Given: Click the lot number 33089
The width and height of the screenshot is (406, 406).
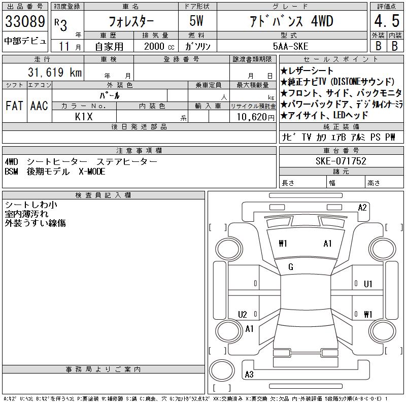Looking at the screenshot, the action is click(x=25, y=21).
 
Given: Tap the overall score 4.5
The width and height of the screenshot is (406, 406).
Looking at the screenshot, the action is click(x=387, y=21).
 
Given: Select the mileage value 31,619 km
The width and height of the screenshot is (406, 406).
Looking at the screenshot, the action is click(x=55, y=72).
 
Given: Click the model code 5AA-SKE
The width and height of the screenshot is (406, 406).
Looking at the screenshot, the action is click(x=290, y=46).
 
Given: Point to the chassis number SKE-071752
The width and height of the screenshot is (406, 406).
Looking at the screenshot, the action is click(x=341, y=161).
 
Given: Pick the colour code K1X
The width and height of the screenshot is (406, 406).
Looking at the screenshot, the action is click(x=84, y=117).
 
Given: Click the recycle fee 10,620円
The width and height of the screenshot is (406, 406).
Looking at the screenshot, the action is click(x=256, y=117).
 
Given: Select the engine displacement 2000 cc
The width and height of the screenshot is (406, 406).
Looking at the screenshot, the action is click(x=159, y=47).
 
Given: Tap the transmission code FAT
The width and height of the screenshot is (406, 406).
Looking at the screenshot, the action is click(x=14, y=106).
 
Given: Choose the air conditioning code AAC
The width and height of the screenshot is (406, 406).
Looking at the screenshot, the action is click(x=39, y=106).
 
